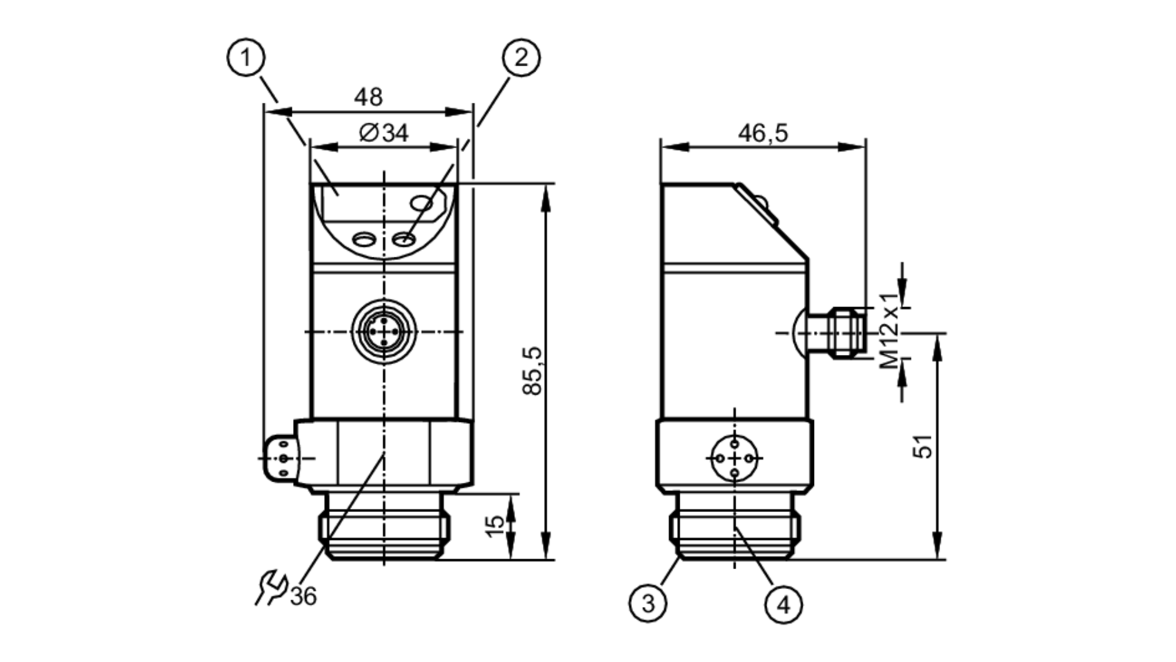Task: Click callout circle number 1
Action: click(246, 58)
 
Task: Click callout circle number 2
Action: click(521, 58)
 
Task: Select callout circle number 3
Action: click(648, 603)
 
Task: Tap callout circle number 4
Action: click(784, 604)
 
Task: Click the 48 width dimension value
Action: click(368, 97)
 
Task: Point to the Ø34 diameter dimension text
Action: click(383, 133)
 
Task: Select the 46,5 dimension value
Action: click(763, 133)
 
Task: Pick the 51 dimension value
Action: click(923, 446)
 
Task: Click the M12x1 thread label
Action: click(890, 331)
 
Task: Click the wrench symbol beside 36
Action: click(270, 587)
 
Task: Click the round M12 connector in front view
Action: click(384, 332)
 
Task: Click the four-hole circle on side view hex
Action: click(735, 458)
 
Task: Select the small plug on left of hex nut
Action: click(281, 458)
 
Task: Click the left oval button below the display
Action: click(363, 239)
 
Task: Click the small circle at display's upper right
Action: click(422, 204)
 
